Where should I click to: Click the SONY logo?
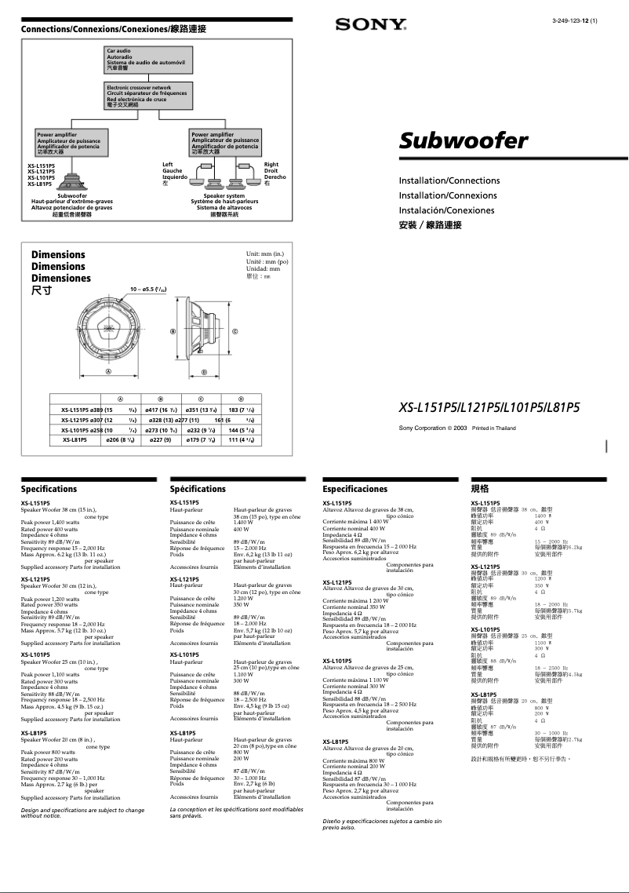tap(370, 24)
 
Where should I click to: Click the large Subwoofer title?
tap(463, 141)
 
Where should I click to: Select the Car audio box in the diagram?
tap(146, 59)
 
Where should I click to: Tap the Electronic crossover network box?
tap(147, 93)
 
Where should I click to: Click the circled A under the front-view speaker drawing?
tap(109, 370)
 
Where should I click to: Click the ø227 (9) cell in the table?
tap(160, 440)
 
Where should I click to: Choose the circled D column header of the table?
tap(241, 399)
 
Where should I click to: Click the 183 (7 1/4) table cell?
tap(241, 410)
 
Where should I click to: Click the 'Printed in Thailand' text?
tap(494, 428)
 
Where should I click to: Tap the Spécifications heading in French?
tap(198, 489)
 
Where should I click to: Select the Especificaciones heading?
tap(355, 489)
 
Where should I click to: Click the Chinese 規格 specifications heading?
tap(480, 489)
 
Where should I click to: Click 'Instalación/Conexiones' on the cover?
tap(446, 210)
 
